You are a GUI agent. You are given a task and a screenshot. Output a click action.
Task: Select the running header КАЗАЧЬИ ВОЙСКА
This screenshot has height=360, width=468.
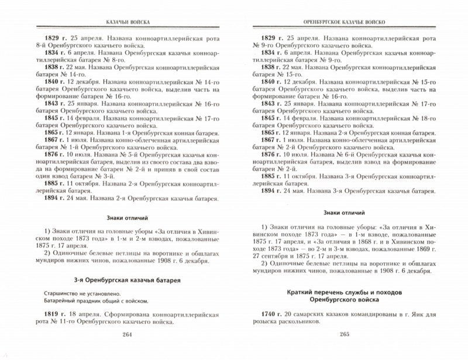click(122, 23)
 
